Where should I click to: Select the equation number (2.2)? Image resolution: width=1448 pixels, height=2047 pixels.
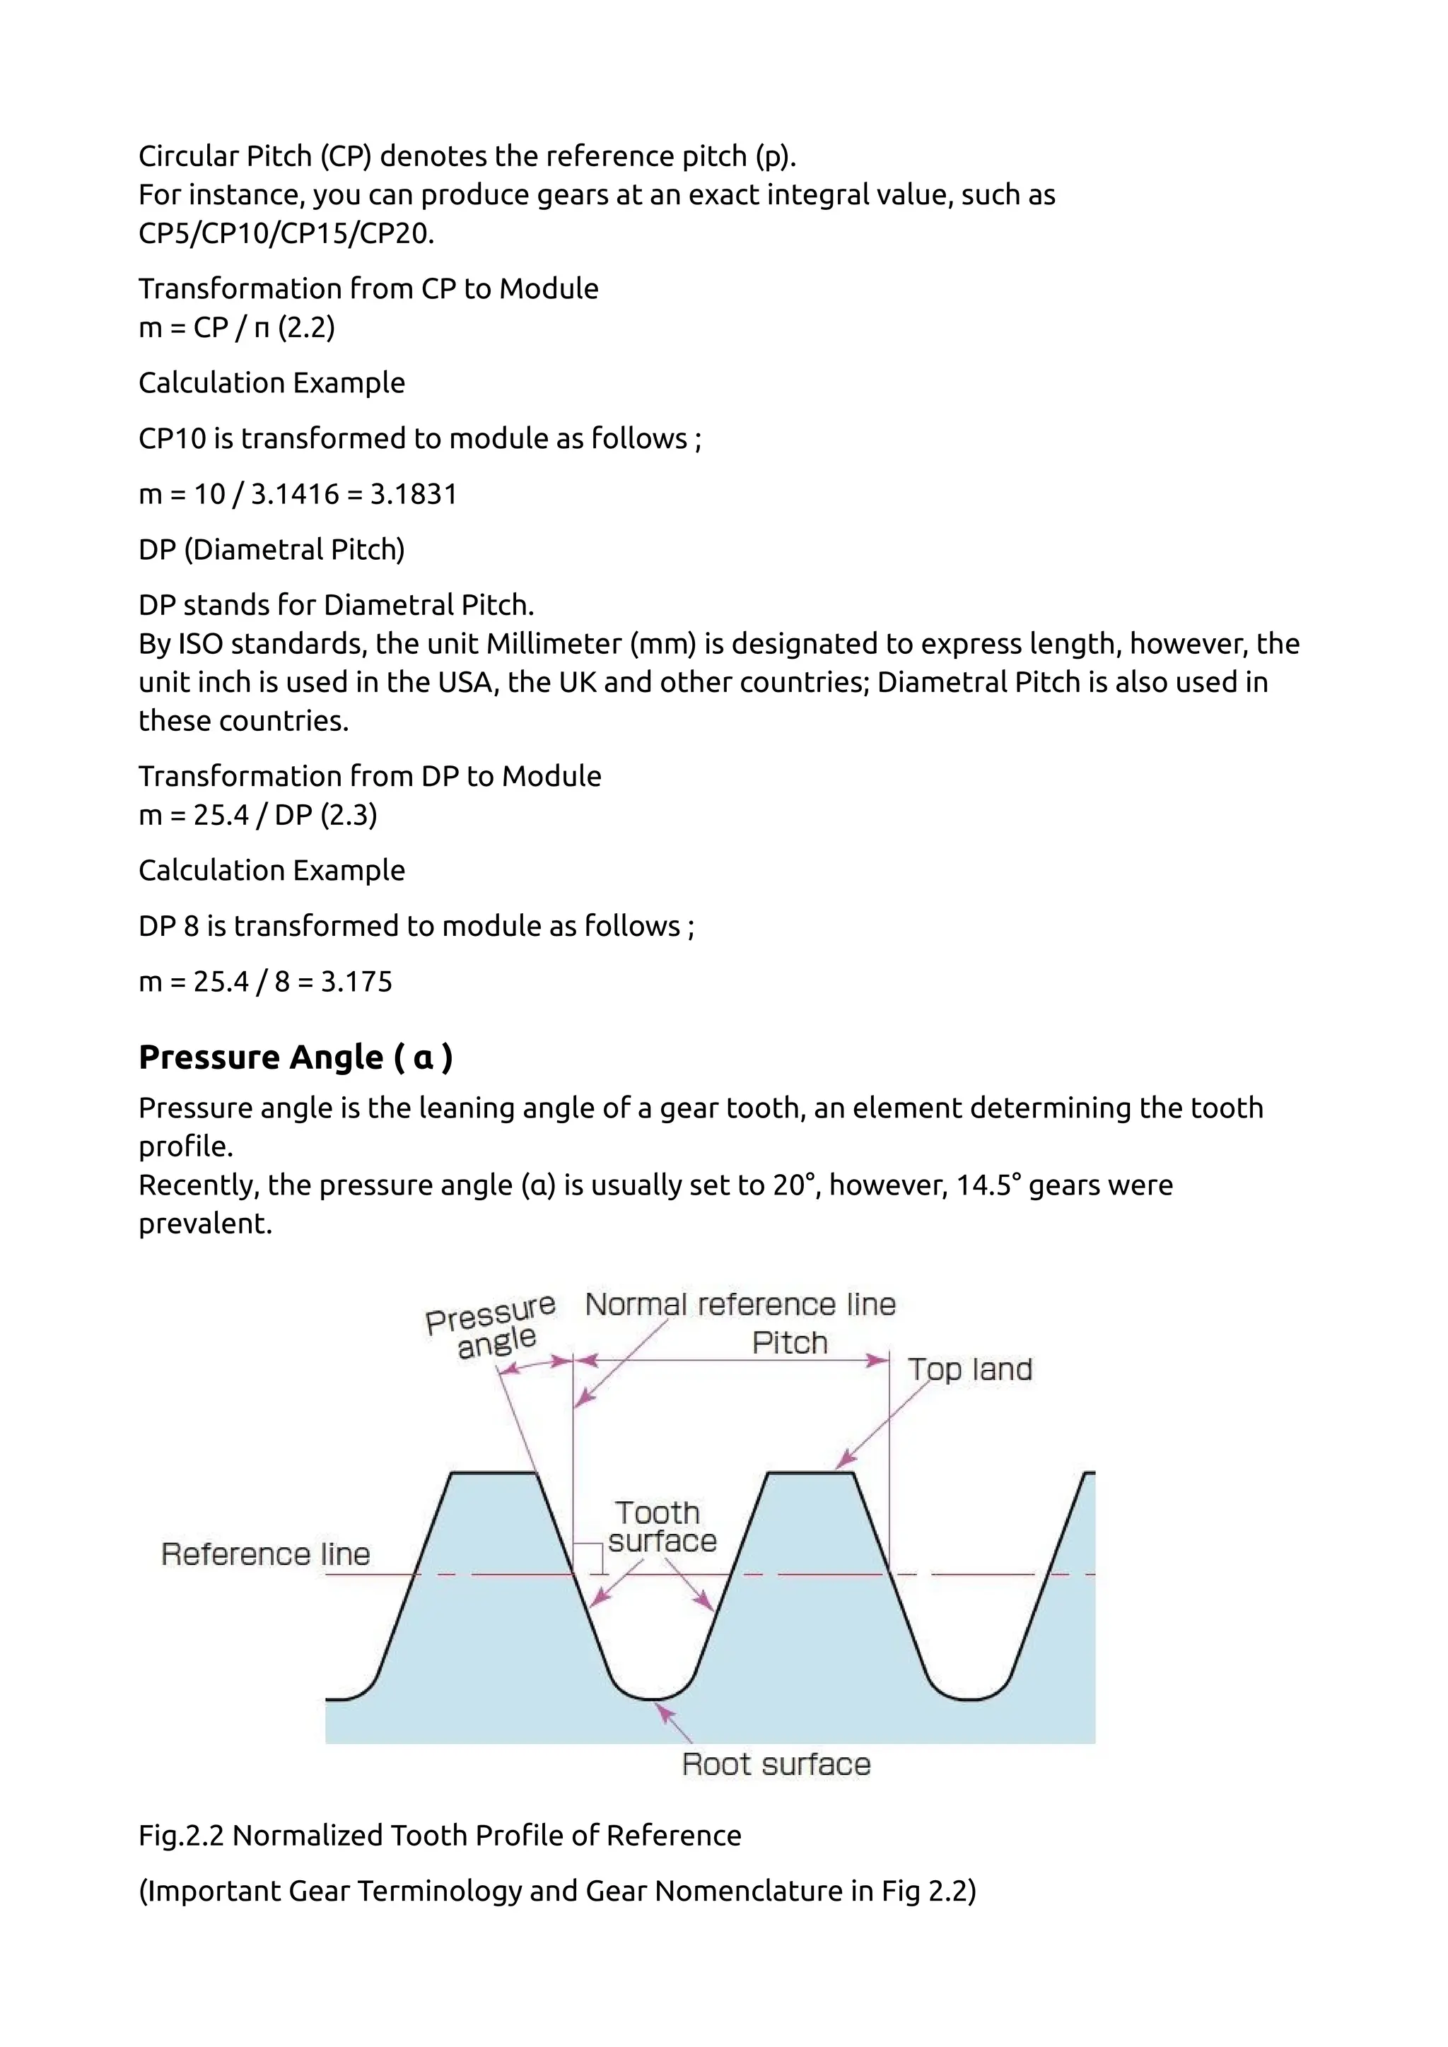click(306, 327)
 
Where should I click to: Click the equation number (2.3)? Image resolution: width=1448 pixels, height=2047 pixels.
click(349, 815)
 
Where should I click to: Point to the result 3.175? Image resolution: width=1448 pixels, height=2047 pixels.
click(356, 982)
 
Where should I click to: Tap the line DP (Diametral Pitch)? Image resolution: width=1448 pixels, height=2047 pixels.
click(271, 549)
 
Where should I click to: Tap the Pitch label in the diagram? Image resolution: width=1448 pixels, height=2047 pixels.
click(789, 1343)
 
